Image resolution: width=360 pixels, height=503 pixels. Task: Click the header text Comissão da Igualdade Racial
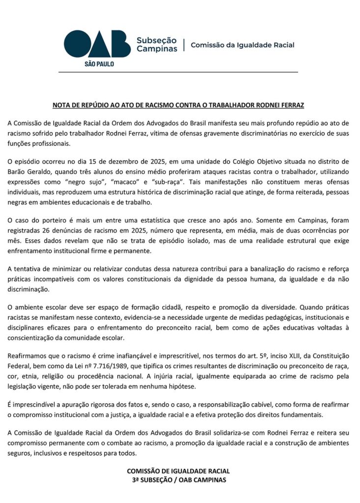[x=242, y=45]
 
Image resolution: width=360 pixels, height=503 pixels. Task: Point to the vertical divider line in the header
[x=184, y=45]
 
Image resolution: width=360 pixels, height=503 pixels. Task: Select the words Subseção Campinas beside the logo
[x=157, y=45]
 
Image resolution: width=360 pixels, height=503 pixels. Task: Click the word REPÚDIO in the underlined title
[x=102, y=105]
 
